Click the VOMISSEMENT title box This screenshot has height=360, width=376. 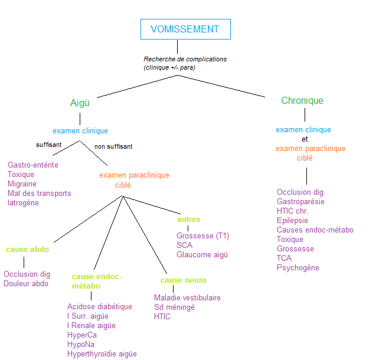(x=185, y=29)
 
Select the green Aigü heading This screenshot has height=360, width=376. (x=80, y=103)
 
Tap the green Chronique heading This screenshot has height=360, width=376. (x=302, y=100)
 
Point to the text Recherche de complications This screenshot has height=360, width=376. (x=185, y=59)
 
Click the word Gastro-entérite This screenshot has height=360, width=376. (x=33, y=165)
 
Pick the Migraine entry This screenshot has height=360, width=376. (x=22, y=184)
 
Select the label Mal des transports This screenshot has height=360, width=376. (x=39, y=193)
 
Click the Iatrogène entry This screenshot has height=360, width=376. (x=23, y=202)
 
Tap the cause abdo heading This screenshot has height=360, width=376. (x=27, y=250)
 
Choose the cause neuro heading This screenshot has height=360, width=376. (x=183, y=280)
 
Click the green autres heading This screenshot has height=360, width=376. (x=188, y=219)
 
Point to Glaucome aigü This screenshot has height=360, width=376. (x=202, y=254)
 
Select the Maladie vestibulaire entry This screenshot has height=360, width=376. (x=187, y=297)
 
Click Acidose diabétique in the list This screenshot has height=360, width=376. (x=100, y=306)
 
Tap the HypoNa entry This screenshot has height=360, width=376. (x=81, y=344)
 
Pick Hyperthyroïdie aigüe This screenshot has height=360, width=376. (x=102, y=354)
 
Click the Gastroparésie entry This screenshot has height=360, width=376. (x=300, y=201)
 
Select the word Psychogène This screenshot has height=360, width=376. (x=297, y=267)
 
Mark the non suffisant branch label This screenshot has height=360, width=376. (x=113, y=146)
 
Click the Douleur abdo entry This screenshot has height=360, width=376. (x=26, y=283)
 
